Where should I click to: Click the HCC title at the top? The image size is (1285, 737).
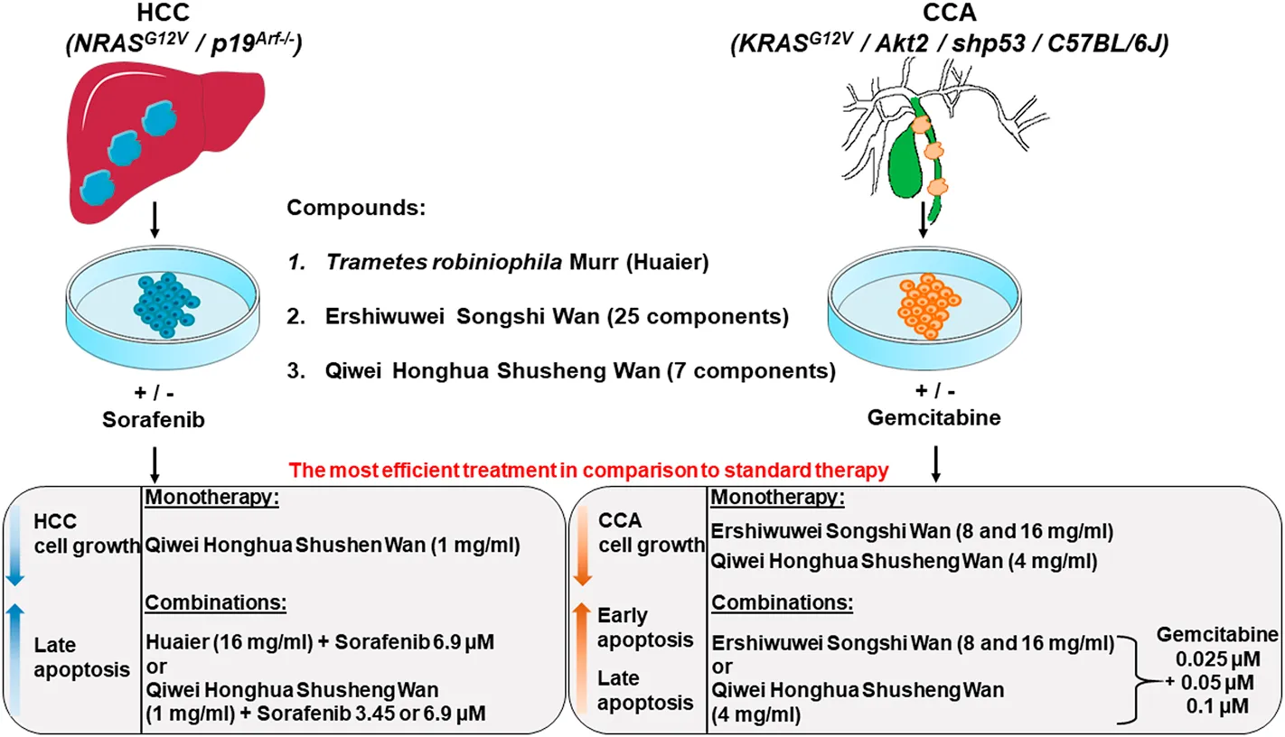point(163,12)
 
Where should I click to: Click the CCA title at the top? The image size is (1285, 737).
point(950,12)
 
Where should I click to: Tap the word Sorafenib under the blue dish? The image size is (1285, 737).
point(153,419)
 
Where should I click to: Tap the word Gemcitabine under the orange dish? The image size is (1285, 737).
point(933,417)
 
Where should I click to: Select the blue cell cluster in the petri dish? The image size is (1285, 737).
point(166,304)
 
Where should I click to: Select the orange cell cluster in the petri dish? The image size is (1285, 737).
point(928,305)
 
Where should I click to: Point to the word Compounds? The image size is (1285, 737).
point(356,208)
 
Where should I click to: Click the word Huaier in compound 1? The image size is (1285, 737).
point(668,262)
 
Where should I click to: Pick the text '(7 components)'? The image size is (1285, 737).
point(751,371)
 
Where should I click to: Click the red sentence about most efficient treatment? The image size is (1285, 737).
point(588,471)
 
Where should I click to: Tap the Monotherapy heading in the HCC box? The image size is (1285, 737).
point(211,497)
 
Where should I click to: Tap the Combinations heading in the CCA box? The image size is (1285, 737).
point(782,602)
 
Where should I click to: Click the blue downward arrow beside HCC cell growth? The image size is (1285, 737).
point(15,546)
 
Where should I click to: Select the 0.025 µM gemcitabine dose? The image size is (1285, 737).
point(1218,659)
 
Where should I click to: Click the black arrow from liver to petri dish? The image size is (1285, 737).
point(155,219)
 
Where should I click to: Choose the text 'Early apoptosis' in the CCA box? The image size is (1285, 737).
point(645,628)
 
